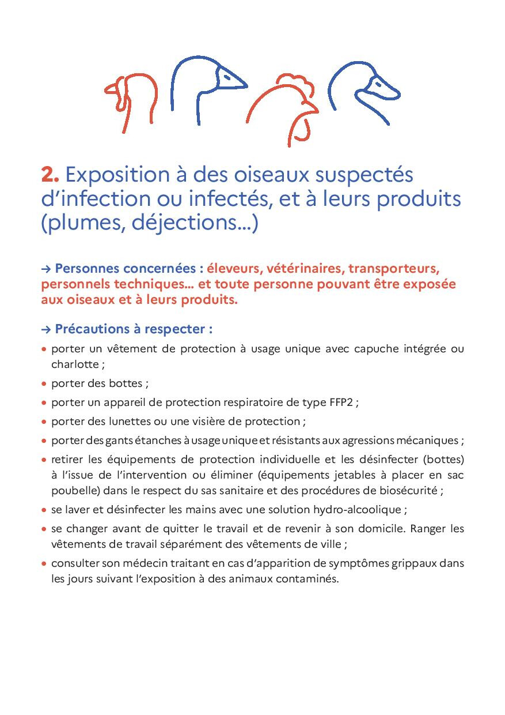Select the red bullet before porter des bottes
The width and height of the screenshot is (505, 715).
coord(44,383)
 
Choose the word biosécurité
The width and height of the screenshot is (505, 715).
coord(408,491)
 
